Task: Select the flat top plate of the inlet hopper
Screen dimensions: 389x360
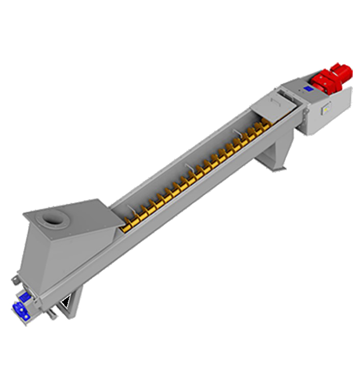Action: [71, 214]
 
